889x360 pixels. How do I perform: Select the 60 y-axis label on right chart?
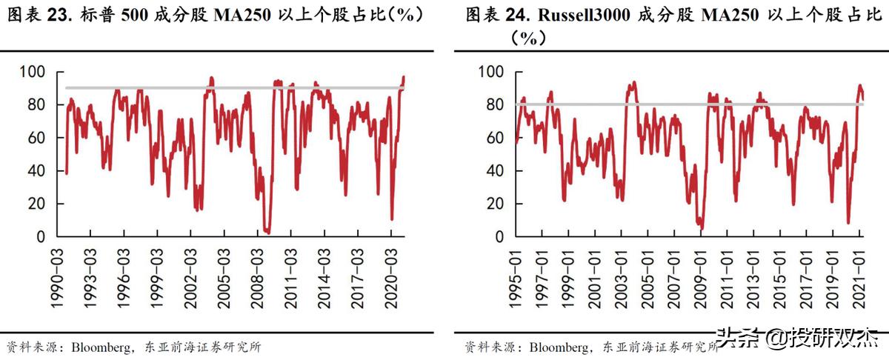[493, 138]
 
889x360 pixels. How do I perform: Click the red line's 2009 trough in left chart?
[267, 232]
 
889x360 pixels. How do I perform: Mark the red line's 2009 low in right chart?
[700, 228]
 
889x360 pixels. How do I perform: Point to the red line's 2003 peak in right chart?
[632, 83]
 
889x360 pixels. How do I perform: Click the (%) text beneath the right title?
[527, 39]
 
